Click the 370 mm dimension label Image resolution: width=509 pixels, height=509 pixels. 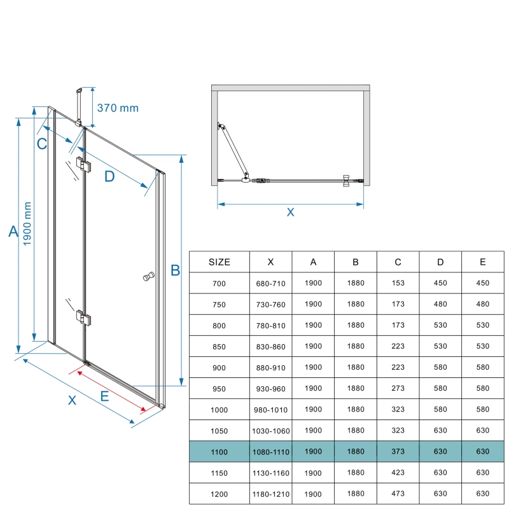118,108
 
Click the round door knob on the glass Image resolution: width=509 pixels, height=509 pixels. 148,277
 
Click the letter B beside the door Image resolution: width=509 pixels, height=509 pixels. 175,270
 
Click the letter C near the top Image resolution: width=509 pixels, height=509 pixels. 41,144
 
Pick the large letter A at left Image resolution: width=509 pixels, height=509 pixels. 13,232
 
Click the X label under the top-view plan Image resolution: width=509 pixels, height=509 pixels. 290,213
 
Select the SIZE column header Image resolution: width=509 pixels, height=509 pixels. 220,262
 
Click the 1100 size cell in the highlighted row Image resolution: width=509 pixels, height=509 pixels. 220,452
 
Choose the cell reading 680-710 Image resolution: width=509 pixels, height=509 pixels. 271,283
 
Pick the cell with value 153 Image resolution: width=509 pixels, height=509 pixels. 398,283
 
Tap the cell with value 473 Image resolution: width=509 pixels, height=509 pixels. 398,493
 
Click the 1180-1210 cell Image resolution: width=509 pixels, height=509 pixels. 271,493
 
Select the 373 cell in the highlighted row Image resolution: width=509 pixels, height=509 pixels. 398,452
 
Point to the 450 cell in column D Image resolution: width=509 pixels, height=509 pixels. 440,283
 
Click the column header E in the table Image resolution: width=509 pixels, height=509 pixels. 483,262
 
